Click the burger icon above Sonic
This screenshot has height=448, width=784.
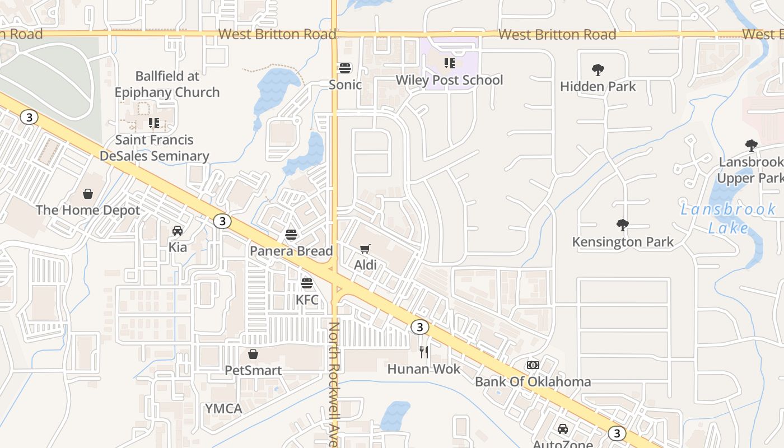click(345, 68)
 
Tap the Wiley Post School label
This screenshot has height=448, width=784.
click(449, 80)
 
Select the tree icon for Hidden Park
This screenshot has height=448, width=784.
click(598, 70)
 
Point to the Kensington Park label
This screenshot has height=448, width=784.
click(623, 242)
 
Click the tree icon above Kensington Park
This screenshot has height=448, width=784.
click(622, 225)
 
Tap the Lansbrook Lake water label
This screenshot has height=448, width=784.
click(728, 218)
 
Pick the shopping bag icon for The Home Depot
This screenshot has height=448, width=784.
click(88, 194)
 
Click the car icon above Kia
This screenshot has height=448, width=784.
click(178, 231)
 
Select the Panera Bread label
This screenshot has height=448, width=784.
click(291, 251)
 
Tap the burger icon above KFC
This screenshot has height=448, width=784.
click(306, 283)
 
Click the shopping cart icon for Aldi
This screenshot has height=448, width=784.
click(365, 249)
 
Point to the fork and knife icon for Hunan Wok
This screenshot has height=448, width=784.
click(424, 352)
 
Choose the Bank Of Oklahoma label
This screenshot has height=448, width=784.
click(533, 382)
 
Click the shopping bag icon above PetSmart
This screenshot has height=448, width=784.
click(253, 354)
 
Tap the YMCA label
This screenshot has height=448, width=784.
click(223, 409)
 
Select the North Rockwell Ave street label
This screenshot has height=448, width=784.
click(334, 384)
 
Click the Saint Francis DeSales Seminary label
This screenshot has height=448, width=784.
click(155, 148)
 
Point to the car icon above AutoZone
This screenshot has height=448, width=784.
click(563, 429)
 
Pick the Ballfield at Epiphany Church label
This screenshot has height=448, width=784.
click(167, 84)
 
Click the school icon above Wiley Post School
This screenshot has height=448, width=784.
click(450, 63)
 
